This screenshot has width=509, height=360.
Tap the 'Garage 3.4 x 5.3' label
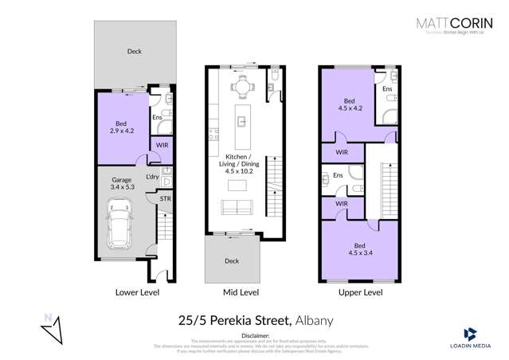(x=121, y=185)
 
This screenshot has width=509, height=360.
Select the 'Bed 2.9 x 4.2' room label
(x=121, y=127)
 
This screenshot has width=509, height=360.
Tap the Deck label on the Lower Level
(x=134, y=52)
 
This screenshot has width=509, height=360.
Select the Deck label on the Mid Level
(x=231, y=261)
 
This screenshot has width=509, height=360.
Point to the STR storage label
(x=165, y=198)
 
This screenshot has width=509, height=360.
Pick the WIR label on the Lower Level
(x=162, y=146)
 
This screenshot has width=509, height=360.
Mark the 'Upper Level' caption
(x=361, y=293)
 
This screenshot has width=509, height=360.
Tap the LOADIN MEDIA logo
(x=469, y=338)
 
